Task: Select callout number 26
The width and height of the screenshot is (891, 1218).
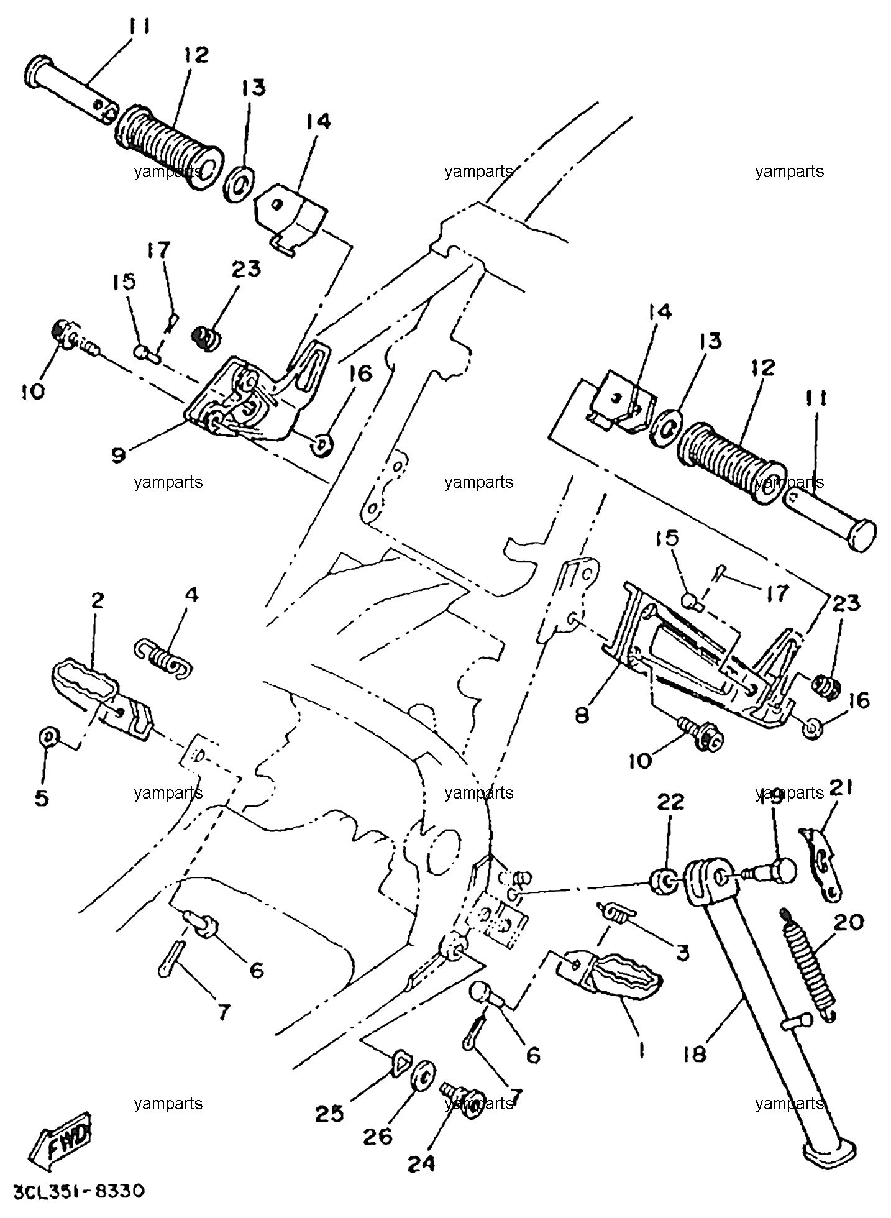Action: point(378,1137)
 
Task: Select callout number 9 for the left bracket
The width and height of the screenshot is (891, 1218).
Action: point(118,454)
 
